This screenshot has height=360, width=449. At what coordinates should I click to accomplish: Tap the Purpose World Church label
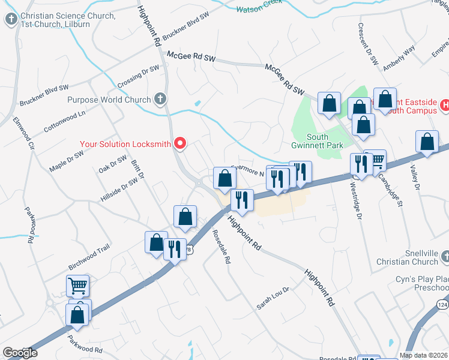[x=109, y=100]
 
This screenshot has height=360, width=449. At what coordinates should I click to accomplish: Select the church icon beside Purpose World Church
[x=160, y=98]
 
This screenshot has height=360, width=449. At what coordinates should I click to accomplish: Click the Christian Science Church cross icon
[x=11, y=20]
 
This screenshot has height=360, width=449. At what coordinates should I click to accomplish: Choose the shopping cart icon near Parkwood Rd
[x=77, y=286]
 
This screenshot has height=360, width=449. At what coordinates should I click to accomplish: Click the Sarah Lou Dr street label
[x=273, y=298]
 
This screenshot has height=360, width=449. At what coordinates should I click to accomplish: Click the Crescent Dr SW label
[x=367, y=44]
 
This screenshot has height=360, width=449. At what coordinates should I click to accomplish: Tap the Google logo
[x=20, y=353]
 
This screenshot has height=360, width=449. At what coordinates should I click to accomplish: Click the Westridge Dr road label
[x=355, y=202]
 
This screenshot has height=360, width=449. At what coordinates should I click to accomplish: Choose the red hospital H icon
[x=444, y=106]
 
